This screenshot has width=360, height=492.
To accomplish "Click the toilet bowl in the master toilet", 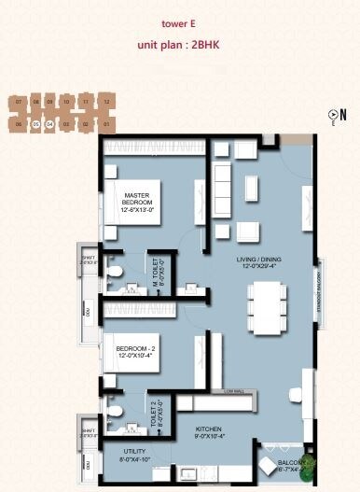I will (112, 271).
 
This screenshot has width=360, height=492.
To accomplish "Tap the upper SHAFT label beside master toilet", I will (89, 260).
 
